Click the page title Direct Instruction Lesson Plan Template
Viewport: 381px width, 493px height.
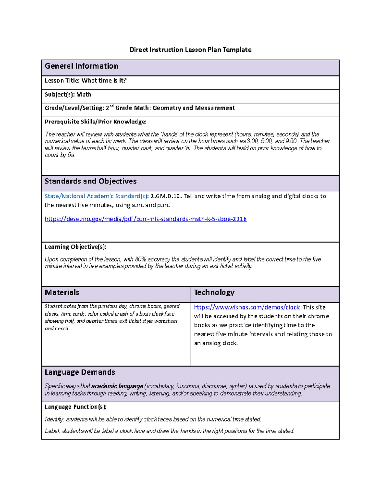(x=190, y=50)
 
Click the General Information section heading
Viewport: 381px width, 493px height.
(x=81, y=66)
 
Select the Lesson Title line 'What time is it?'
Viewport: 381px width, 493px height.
(x=85, y=81)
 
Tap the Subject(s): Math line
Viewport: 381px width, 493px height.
(x=68, y=95)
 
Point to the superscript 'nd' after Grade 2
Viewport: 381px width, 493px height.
(x=111, y=106)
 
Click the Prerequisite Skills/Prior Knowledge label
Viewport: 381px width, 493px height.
(x=95, y=122)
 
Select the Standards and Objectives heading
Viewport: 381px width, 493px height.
(x=90, y=181)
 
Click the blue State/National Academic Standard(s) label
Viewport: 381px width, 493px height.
(x=97, y=196)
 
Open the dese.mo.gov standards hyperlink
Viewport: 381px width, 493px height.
(x=145, y=219)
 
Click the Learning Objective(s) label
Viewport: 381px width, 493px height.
(x=76, y=247)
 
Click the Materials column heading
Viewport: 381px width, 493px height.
(x=62, y=292)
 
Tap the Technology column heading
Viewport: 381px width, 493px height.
(x=214, y=292)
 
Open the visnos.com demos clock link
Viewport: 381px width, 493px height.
(x=247, y=307)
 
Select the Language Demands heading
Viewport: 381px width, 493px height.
(x=80, y=372)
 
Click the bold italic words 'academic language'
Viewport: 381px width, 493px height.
(x=117, y=386)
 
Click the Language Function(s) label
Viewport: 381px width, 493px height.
(x=76, y=407)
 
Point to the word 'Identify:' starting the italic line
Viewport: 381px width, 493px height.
(x=54, y=419)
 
